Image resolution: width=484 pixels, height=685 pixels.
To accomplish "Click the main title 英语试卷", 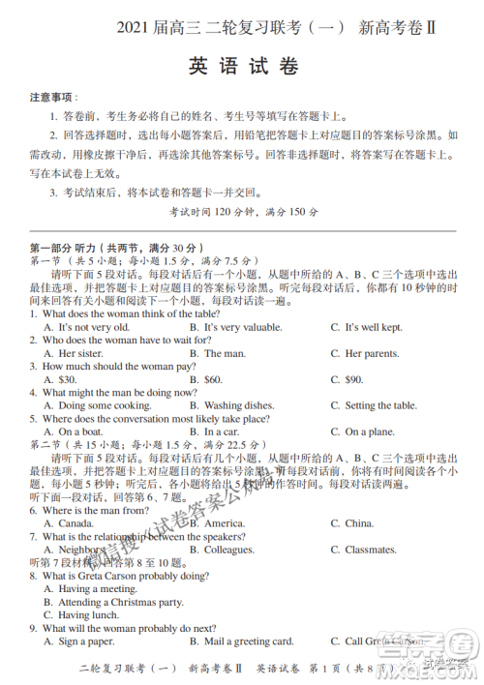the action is coord(243,68).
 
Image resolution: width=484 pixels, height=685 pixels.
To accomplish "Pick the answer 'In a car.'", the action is coord(222,432).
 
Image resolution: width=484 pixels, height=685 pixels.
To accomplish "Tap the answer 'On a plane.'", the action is coord(369,432).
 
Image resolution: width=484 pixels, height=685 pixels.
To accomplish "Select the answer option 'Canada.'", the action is coord(76,523).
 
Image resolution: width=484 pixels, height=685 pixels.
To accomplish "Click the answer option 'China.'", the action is coord(358,523).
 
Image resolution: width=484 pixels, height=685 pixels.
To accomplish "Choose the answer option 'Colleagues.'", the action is coord(228,550).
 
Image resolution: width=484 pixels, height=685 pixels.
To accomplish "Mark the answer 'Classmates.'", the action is coord(370,550).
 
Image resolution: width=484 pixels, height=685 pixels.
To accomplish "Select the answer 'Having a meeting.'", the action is coord(97,588).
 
